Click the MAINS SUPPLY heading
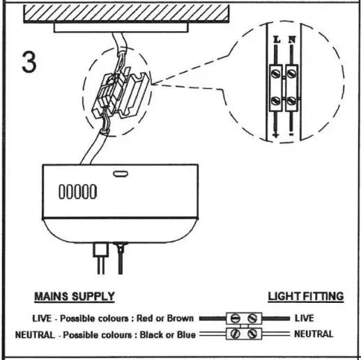pyautogui.click(x=75, y=297)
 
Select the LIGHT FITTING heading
pyautogui.click(x=305, y=297)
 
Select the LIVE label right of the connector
pyautogui.click(x=304, y=318)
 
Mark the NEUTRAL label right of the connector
pyautogui.click(x=313, y=334)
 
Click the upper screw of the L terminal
pyautogui.click(x=277, y=72)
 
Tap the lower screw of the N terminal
pyautogui.click(x=292, y=101)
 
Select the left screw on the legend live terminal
pyautogui.click(x=235, y=319)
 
